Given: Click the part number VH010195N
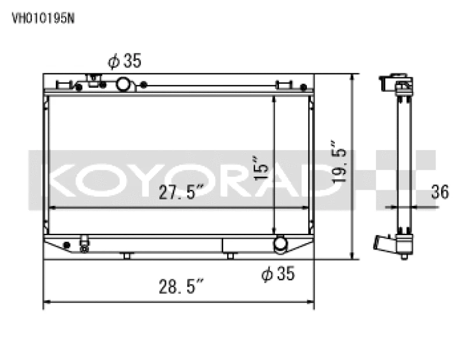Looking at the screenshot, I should point(43,17).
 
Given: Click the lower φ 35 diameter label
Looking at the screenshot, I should point(278,274).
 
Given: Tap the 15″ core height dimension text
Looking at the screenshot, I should point(261,167).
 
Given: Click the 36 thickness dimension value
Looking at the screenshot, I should point(441,192).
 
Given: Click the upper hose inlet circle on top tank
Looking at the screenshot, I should point(124,85).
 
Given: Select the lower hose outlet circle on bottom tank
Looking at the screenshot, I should point(281,244).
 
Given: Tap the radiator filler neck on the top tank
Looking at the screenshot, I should point(93,80).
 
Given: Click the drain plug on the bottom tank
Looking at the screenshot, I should point(85,245).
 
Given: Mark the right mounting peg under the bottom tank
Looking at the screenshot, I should point(231,255).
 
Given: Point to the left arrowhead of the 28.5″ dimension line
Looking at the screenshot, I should point(47,302).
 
